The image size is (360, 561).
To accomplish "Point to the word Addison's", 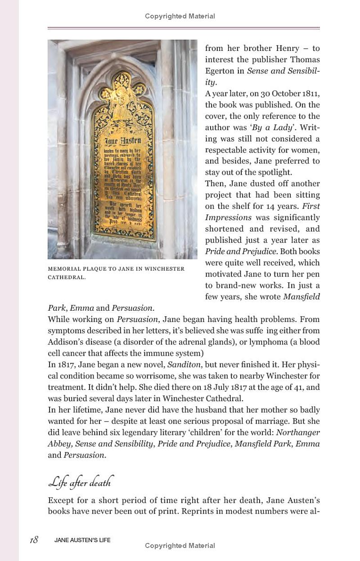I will pos(67,342).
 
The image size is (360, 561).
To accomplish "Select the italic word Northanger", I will pos(298,432).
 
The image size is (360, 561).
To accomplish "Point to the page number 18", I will pos(33,540).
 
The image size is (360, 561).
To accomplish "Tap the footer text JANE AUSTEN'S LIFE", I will pos(82,540).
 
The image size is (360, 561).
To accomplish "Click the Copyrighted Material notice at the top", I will pos(180,16).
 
